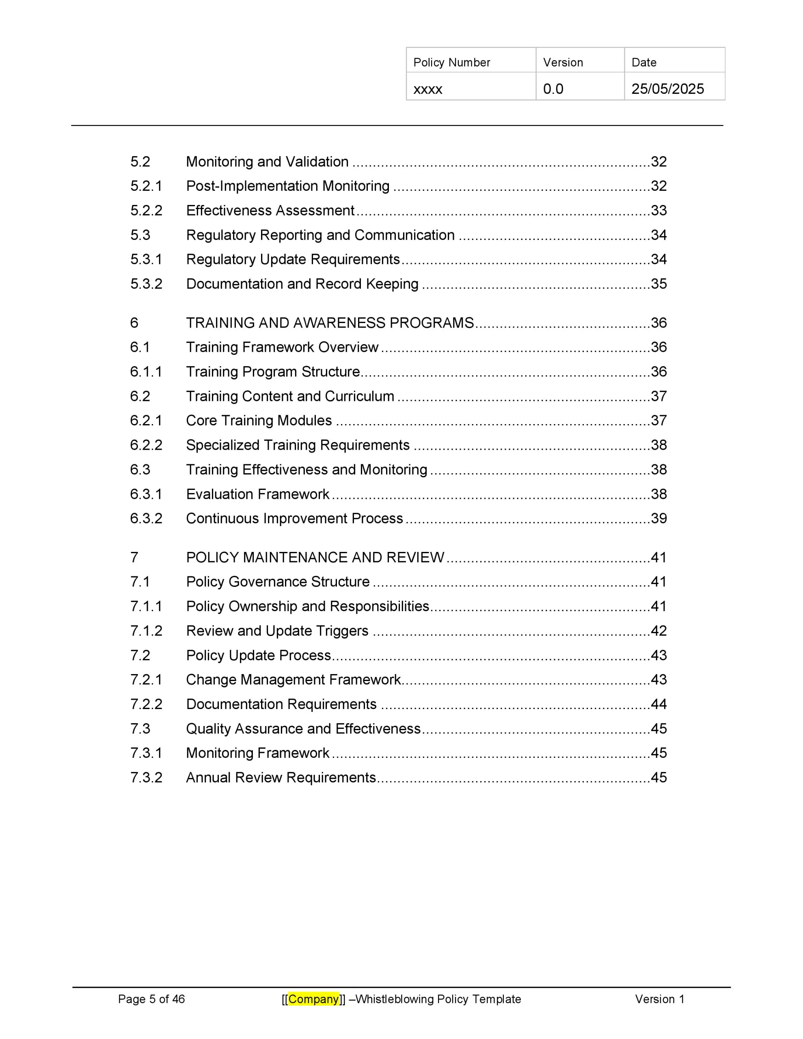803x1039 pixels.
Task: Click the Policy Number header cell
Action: [x=451, y=63]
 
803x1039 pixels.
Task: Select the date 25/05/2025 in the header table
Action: [x=667, y=89]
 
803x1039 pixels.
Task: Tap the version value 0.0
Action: [x=553, y=89]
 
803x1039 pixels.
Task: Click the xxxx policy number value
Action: [x=427, y=89]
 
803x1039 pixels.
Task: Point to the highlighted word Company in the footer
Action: [x=313, y=999]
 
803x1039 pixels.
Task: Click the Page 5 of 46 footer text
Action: [x=151, y=999]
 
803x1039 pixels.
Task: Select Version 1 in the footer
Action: [x=659, y=999]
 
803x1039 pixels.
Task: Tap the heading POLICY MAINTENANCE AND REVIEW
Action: [x=315, y=558]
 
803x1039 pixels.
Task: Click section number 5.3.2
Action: [x=146, y=284]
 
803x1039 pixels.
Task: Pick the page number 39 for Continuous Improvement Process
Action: [x=659, y=519]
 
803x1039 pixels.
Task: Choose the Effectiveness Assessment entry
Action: [x=270, y=210]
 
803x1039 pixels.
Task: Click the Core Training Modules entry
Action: [x=259, y=420]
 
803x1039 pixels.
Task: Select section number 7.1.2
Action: [x=146, y=631]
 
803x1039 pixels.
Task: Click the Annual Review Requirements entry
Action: [x=281, y=777]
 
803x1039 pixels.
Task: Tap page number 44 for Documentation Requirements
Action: [x=659, y=704]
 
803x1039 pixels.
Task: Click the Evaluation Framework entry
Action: [x=257, y=494]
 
